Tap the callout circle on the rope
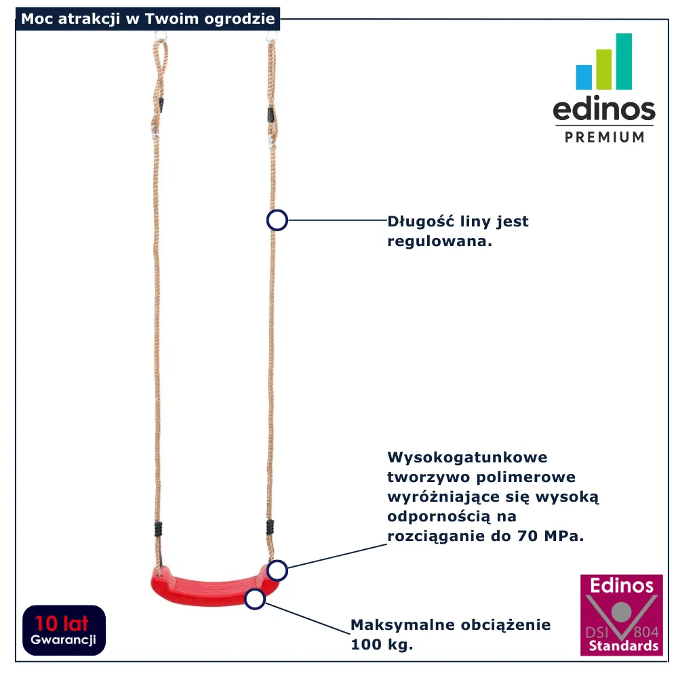(277, 220)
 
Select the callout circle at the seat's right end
(277, 570)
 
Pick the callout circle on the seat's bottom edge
(255, 599)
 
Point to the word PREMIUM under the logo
(605, 137)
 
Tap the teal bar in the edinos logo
(624, 62)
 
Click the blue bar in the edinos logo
(584, 77)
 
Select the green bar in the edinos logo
(604, 69)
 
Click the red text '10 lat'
(62, 624)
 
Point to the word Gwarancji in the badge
(63, 640)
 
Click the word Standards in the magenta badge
(624, 646)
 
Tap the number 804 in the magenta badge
(646, 632)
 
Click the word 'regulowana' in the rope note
(437, 241)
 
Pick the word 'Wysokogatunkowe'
(467, 458)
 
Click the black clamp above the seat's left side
(158, 529)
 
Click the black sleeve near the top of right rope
(271, 115)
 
